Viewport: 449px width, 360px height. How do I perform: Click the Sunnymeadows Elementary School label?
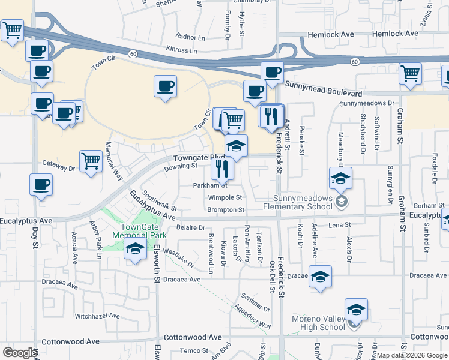click(x=302, y=202)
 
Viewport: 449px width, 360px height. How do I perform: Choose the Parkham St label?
click(x=209, y=185)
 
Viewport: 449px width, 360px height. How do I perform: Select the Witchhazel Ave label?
click(x=98, y=316)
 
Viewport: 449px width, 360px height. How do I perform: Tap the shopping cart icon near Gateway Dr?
click(x=90, y=160)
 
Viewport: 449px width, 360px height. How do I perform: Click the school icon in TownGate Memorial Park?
click(x=136, y=250)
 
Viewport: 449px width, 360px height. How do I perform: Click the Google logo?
click(x=20, y=352)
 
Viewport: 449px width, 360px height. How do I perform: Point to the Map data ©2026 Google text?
click(x=412, y=355)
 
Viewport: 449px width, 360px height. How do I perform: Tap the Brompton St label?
click(x=226, y=210)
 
